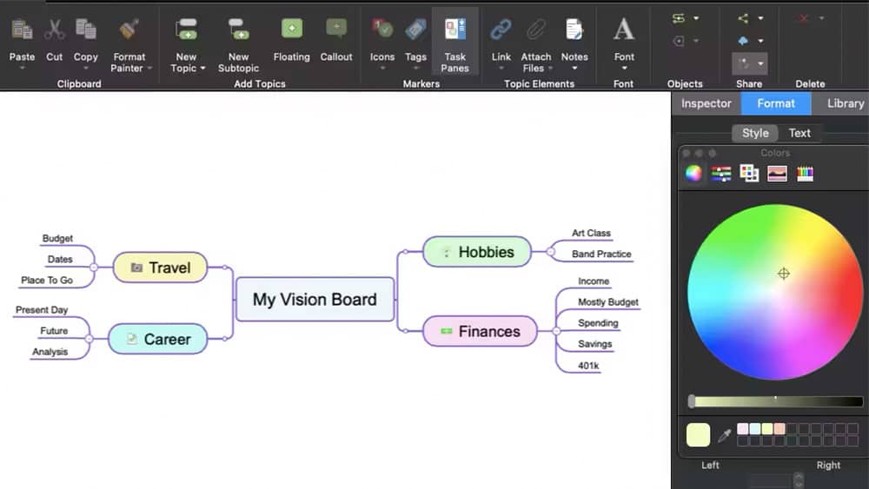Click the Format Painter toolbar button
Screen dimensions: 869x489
pyautogui.click(x=129, y=45)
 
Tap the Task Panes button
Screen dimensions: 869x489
pyautogui.click(x=455, y=45)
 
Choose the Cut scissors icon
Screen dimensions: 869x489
pyautogui.click(x=54, y=30)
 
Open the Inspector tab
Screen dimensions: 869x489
pyautogui.click(x=706, y=103)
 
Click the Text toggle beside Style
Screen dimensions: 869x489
pyautogui.click(x=799, y=133)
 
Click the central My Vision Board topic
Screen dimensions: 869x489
pyautogui.click(x=315, y=299)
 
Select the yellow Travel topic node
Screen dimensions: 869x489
pyautogui.click(x=160, y=268)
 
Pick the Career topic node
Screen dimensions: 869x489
pyautogui.click(x=158, y=339)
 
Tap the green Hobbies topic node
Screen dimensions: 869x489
pyautogui.click(x=477, y=252)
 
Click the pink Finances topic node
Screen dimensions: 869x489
pyautogui.click(x=480, y=331)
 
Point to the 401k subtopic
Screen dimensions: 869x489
pyautogui.click(x=588, y=366)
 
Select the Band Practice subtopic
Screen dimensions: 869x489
pyautogui.click(x=601, y=254)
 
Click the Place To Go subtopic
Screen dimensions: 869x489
pyautogui.click(x=47, y=281)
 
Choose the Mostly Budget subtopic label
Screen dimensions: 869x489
pyautogui.click(x=608, y=301)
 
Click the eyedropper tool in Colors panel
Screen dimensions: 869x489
pyautogui.click(x=724, y=436)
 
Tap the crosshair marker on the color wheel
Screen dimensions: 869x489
pyautogui.click(x=784, y=274)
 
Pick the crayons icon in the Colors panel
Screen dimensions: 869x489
pyautogui.click(x=805, y=174)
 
